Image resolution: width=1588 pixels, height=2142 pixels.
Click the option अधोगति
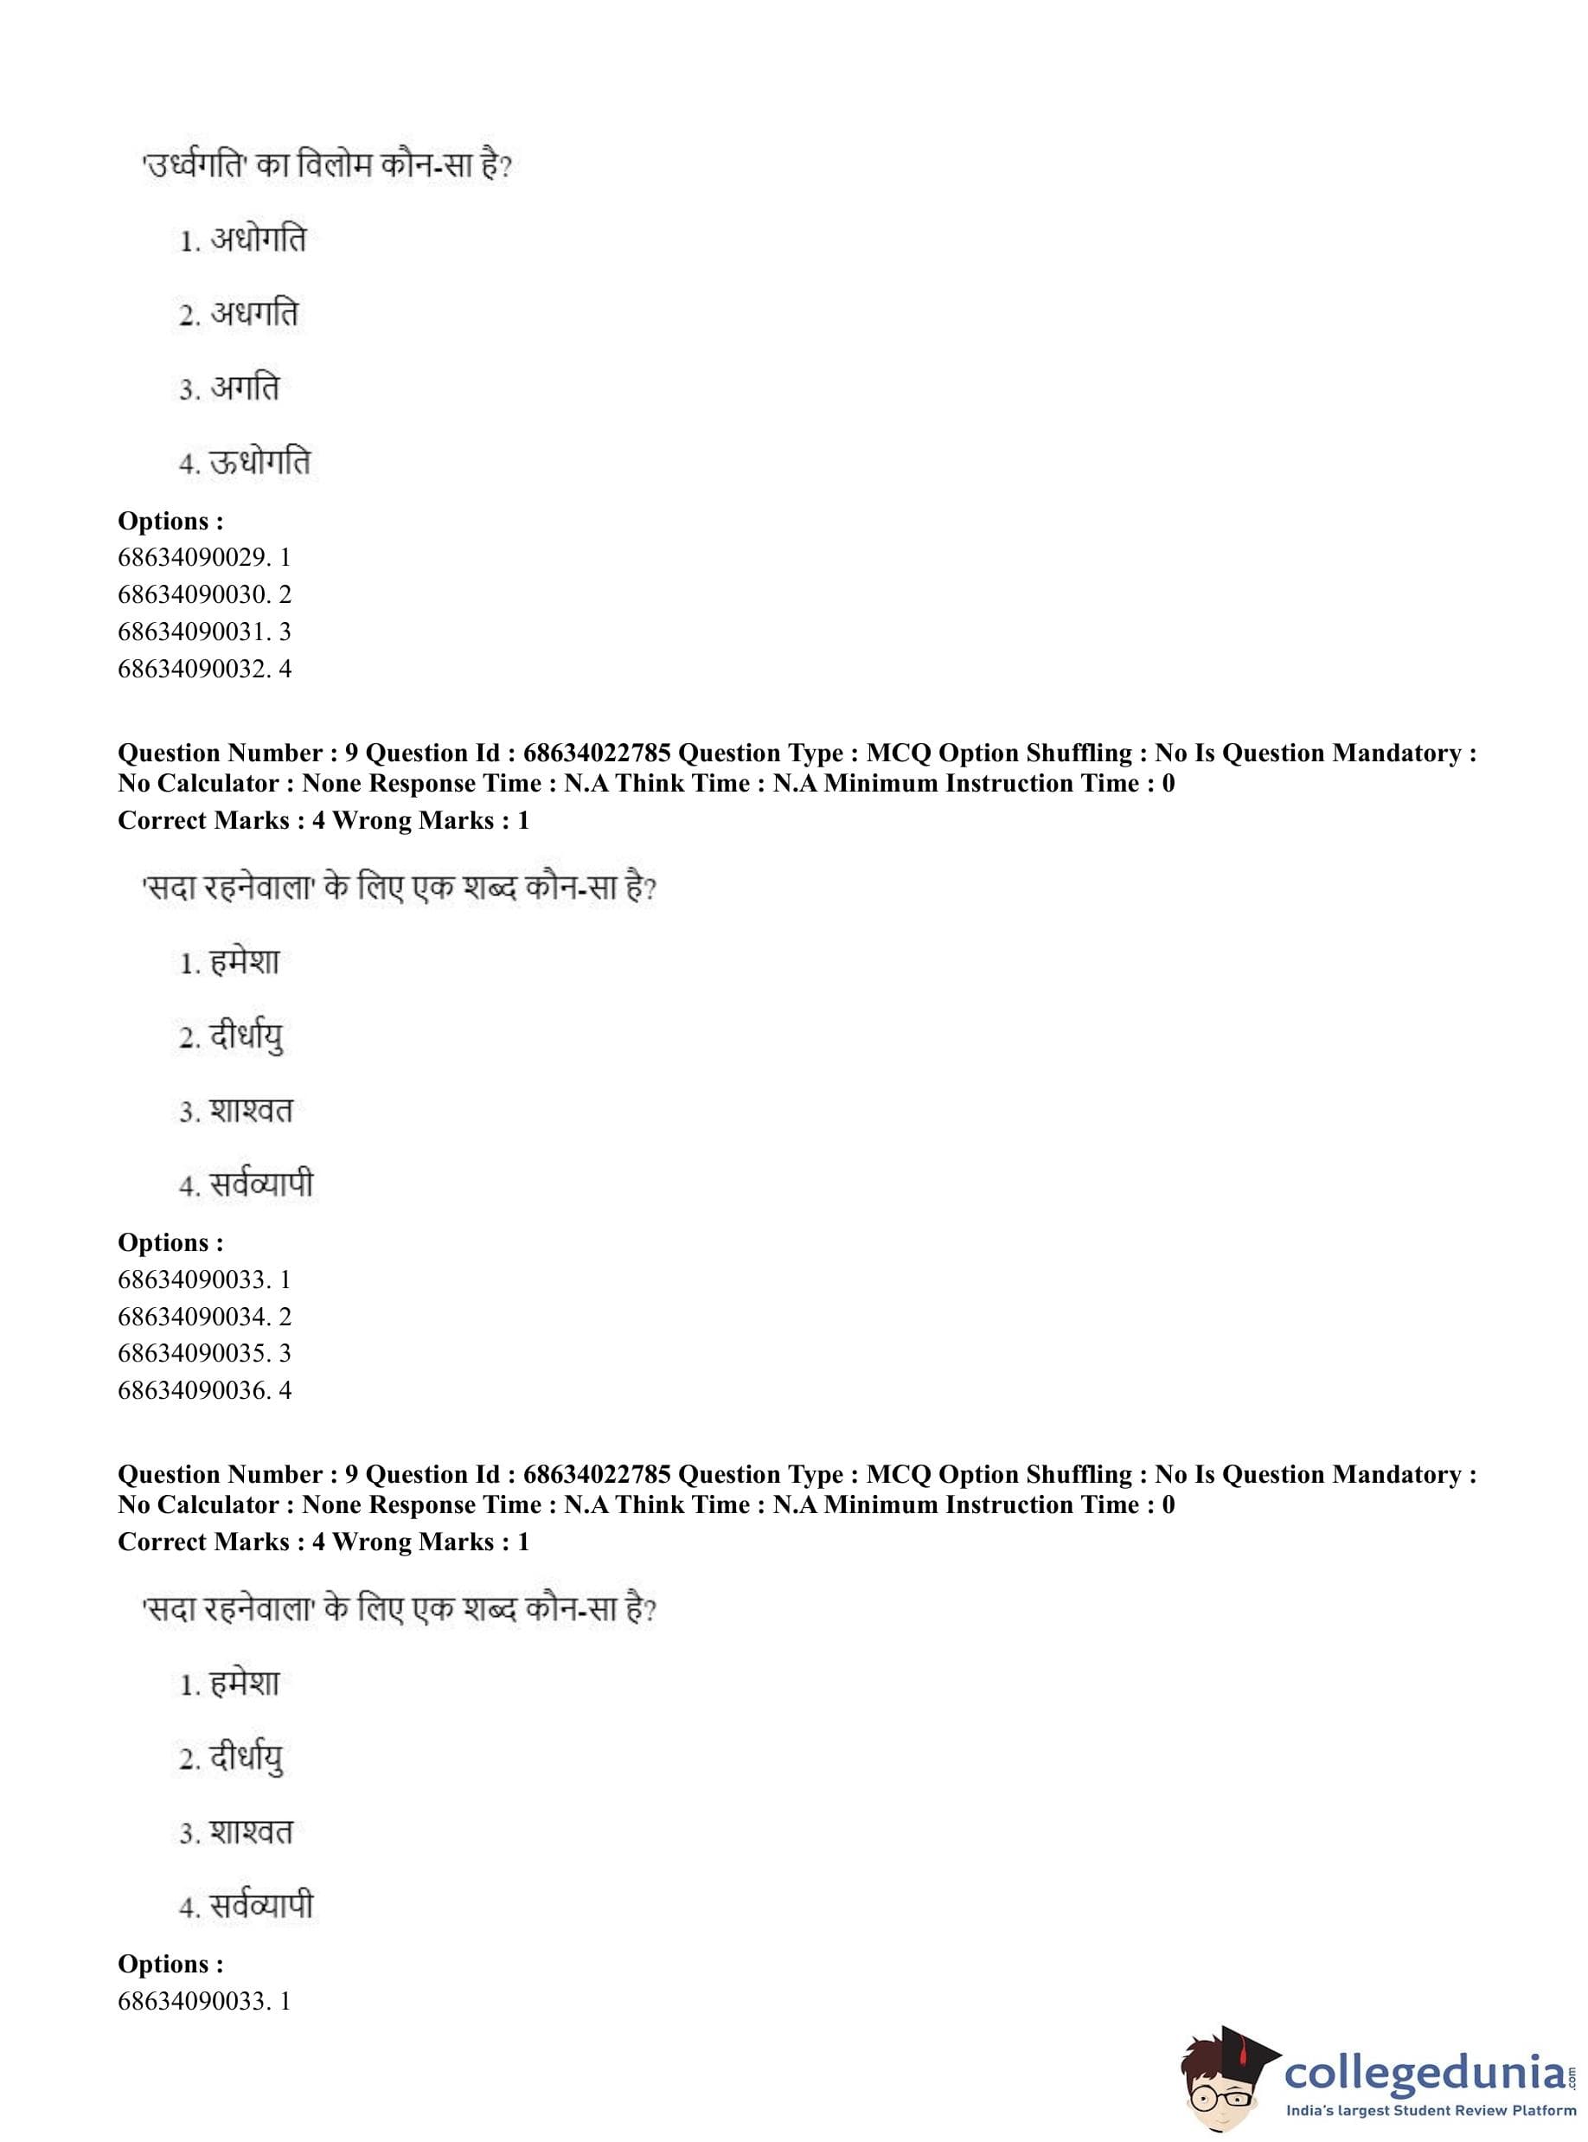click(x=257, y=239)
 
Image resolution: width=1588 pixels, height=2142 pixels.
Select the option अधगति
click(x=253, y=313)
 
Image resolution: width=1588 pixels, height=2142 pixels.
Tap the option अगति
click(x=243, y=388)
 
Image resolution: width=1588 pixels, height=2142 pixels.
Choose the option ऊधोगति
click(x=259, y=463)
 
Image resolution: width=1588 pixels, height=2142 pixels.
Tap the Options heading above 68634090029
click(x=170, y=521)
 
